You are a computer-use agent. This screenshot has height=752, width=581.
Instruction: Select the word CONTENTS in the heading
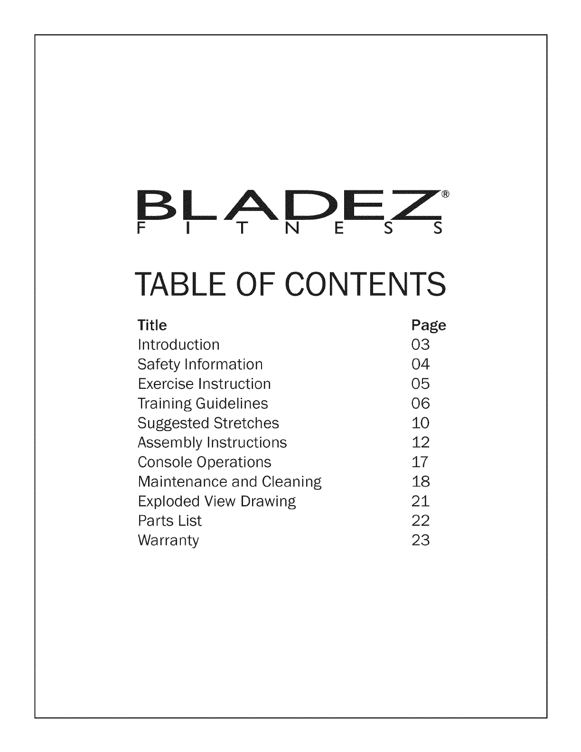click(x=365, y=284)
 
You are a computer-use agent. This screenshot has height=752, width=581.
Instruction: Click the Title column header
click(x=152, y=325)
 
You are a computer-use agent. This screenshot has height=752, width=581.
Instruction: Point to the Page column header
click(x=429, y=326)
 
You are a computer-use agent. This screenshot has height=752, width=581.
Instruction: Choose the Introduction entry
click(x=178, y=344)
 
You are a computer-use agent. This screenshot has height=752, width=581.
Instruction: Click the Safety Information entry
click(x=200, y=364)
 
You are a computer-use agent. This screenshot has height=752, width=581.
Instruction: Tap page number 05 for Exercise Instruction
click(x=421, y=384)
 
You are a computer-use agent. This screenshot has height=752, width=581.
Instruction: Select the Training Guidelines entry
click(x=203, y=404)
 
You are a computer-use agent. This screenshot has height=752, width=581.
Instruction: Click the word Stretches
click(x=246, y=423)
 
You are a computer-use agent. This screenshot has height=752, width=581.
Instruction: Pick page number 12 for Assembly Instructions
click(x=421, y=442)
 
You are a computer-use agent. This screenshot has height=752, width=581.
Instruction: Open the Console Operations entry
click(x=205, y=462)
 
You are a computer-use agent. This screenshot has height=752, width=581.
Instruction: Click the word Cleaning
click(x=291, y=482)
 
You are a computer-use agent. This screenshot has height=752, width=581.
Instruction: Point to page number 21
click(x=421, y=501)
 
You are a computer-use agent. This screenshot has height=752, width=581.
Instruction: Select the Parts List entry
click(x=169, y=521)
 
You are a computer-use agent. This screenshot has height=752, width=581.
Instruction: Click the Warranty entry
click(x=168, y=541)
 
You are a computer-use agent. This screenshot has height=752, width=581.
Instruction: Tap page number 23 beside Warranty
click(x=421, y=540)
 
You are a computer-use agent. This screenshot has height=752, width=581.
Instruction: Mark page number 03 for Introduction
click(x=421, y=344)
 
